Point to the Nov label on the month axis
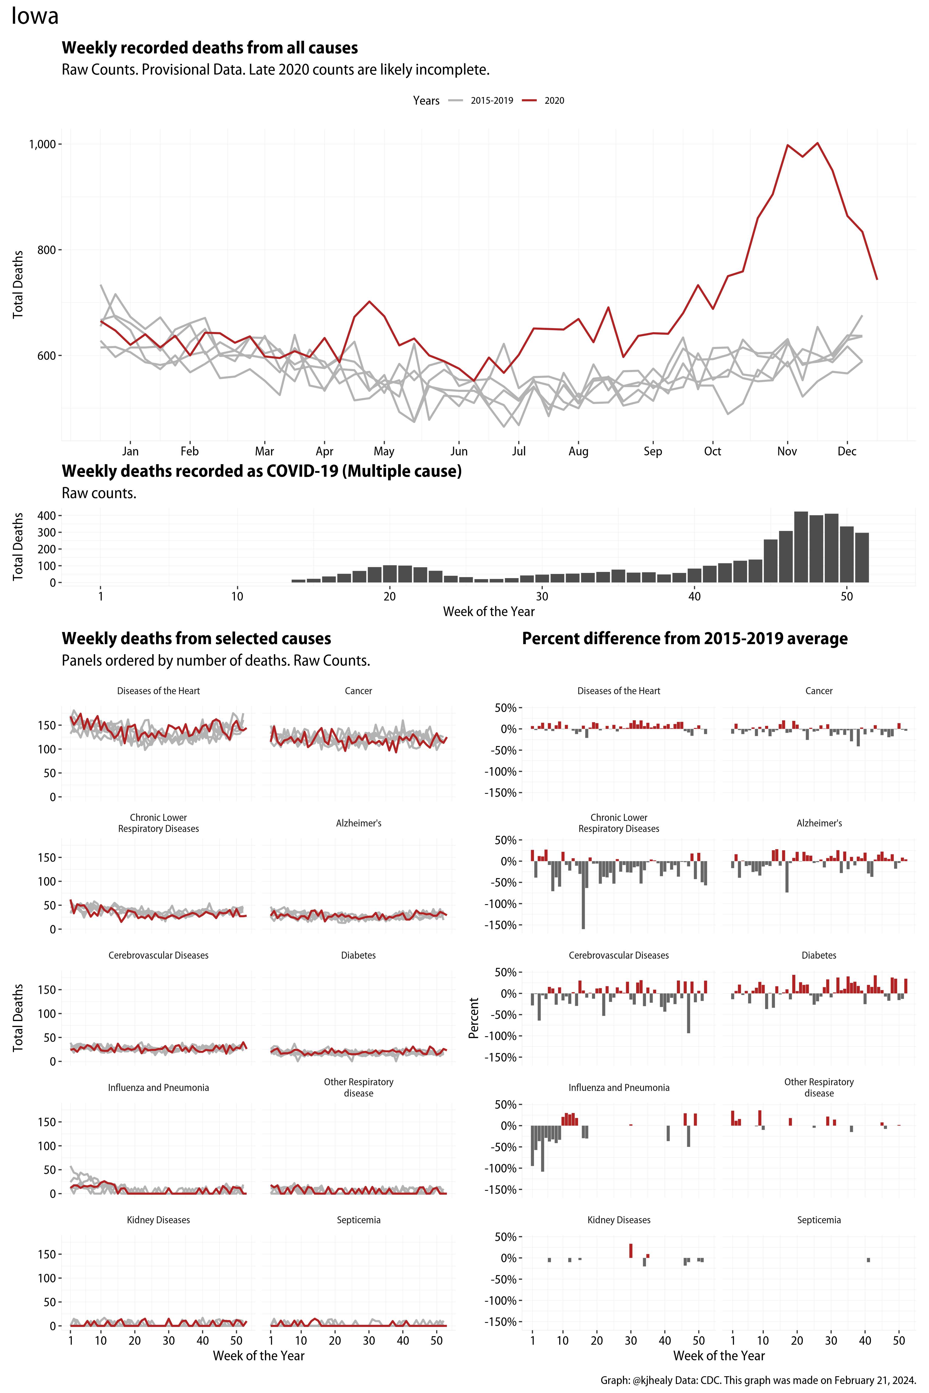[x=787, y=451]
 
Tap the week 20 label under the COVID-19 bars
[x=389, y=596]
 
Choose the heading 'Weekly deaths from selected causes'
[x=196, y=638]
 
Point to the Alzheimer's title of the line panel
[x=358, y=823]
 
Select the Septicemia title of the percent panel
[x=819, y=1220]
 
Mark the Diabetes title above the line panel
[x=358, y=955]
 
